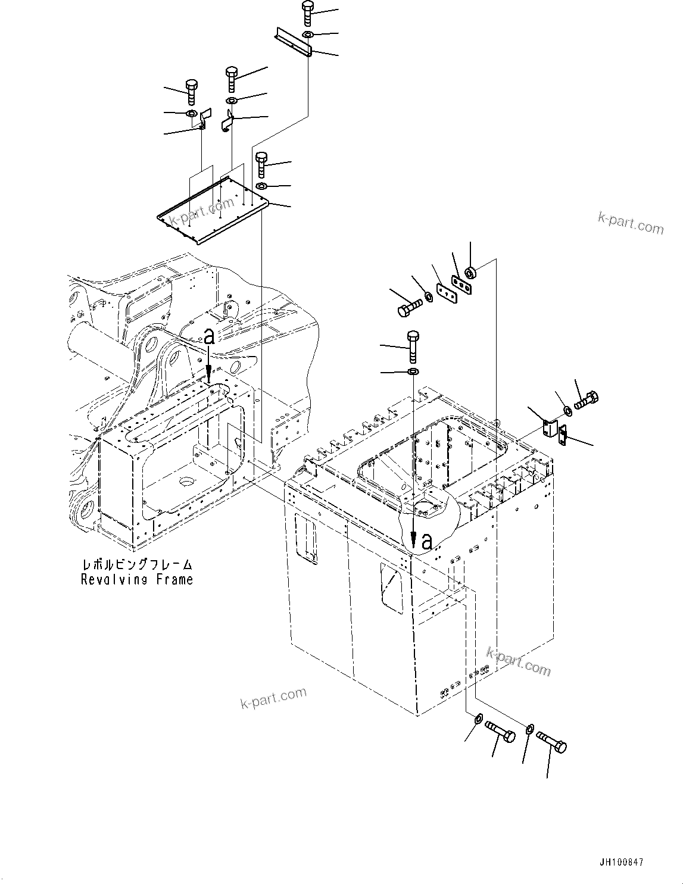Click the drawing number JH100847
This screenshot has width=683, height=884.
click(617, 862)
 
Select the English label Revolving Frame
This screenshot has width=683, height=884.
click(137, 579)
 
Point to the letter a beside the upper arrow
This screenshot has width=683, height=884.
click(208, 337)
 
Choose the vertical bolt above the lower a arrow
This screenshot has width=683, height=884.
click(413, 345)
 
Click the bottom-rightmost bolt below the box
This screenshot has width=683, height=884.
click(552, 742)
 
